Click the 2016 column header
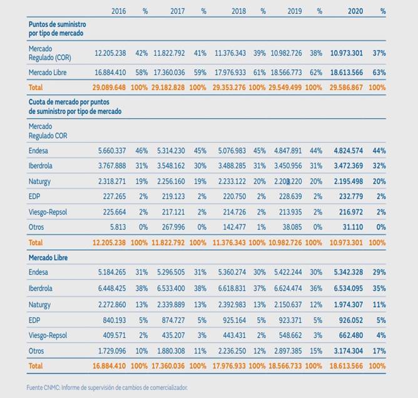coord(118,11)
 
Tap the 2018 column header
coord(238,11)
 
